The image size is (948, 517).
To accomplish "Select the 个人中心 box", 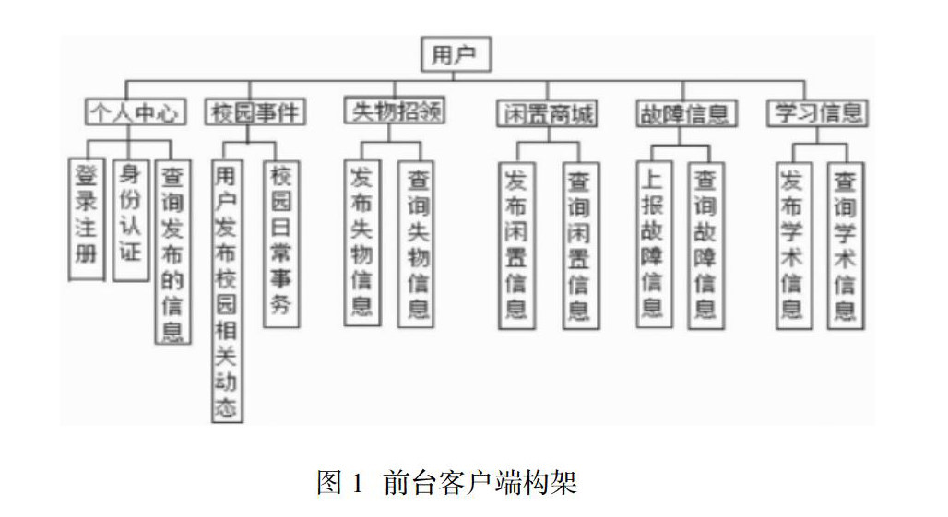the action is point(136,112).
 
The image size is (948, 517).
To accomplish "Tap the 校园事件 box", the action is point(255,112).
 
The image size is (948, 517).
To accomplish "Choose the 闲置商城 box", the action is point(545,113).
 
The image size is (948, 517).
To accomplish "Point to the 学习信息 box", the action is point(817,112).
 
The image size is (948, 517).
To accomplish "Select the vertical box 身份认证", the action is point(131,219).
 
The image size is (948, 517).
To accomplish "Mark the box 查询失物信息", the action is point(417,243).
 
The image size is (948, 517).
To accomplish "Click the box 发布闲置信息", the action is point(516,244).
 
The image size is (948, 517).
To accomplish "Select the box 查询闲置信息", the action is point(579,245).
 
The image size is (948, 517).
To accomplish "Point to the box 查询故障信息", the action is point(705,244).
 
